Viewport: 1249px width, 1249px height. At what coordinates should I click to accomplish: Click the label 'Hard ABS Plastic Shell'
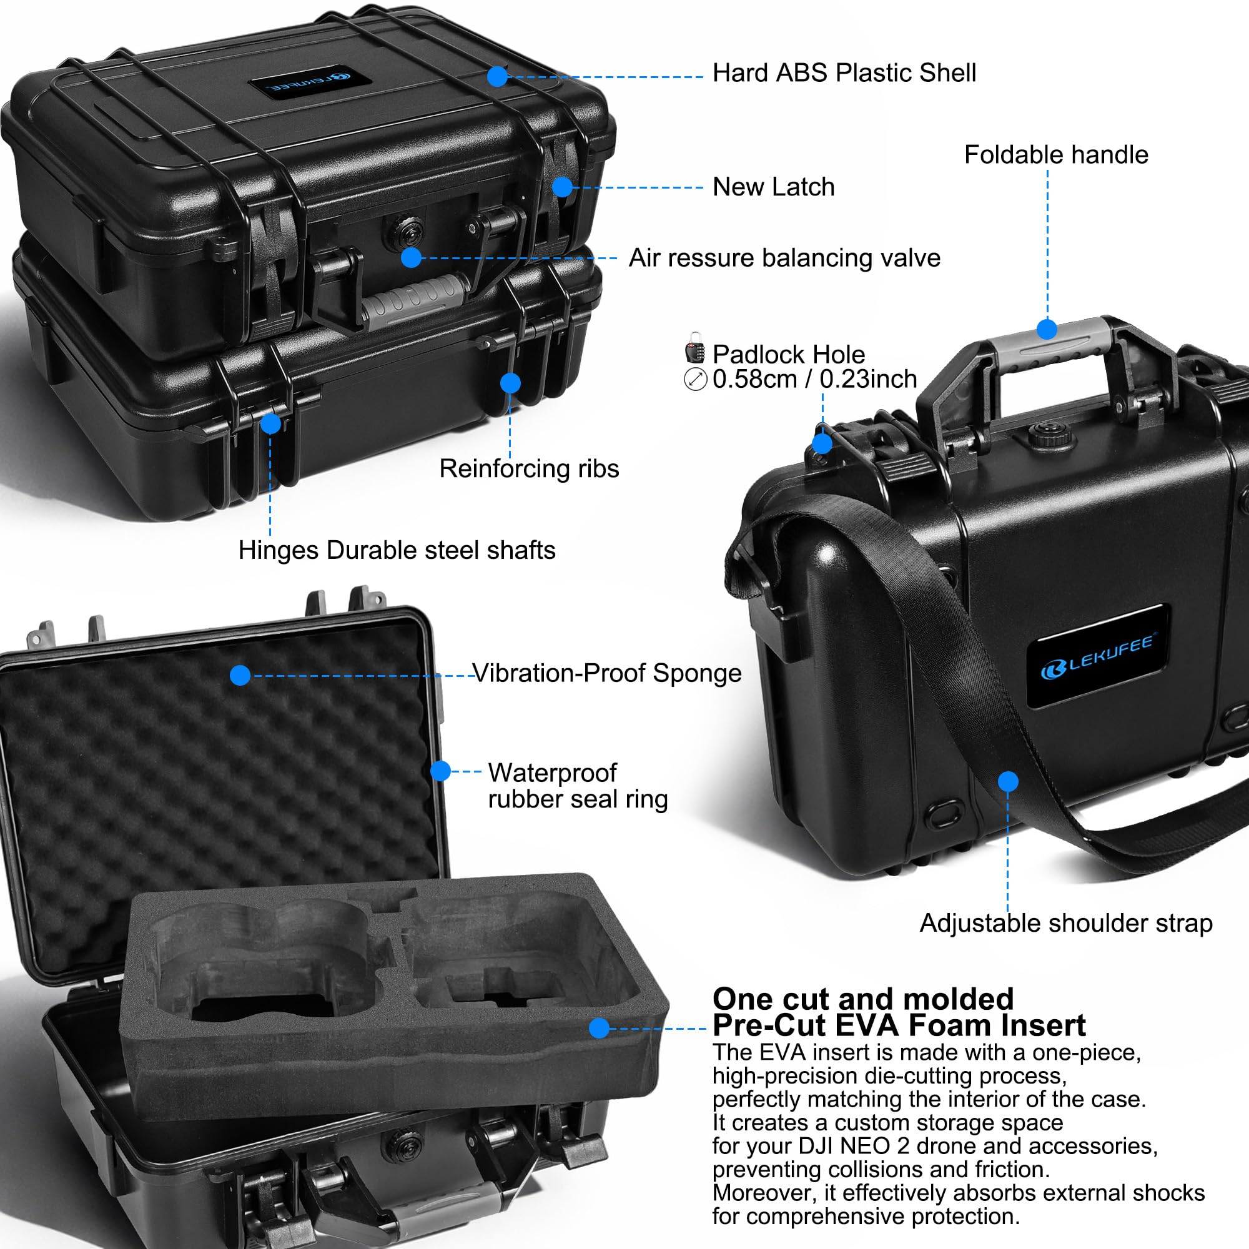pyautogui.click(x=844, y=73)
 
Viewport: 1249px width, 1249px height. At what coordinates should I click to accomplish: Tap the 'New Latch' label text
pyautogui.click(x=773, y=187)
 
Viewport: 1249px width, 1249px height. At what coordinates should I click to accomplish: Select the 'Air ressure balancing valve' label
pyautogui.click(x=784, y=258)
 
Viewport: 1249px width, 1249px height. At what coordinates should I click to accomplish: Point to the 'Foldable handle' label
pyautogui.click(x=1055, y=154)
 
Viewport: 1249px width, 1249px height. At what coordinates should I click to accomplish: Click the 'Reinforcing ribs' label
pyautogui.click(x=529, y=469)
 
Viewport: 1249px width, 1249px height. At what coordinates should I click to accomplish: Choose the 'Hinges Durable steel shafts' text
pyautogui.click(x=397, y=550)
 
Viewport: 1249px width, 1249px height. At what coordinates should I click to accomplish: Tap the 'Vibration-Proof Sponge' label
pyautogui.click(x=607, y=673)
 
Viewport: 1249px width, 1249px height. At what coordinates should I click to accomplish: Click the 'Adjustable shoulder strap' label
pyautogui.click(x=1065, y=923)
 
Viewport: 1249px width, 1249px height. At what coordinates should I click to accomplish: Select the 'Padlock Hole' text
pyautogui.click(x=788, y=354)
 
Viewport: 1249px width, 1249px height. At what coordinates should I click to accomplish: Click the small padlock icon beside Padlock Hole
pyautogui.click(x=695, y=348)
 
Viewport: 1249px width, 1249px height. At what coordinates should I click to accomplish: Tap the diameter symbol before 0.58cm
pyautogui.click(x=695, y=379)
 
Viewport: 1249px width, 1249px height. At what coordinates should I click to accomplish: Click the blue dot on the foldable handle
pyautogui.click(x=1047, y=329)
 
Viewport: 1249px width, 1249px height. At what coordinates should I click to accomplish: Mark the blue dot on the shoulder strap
pyautogui.click(x=1008, y=782)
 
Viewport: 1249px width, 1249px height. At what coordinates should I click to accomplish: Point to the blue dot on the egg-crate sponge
pyautogui.click(x=240, y=676)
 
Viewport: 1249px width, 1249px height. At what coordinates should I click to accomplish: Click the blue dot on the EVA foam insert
pyautogui.click(x=600, y=1028)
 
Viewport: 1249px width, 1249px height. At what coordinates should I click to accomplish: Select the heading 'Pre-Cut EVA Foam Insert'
pyautogui.click(x=899, y=1025)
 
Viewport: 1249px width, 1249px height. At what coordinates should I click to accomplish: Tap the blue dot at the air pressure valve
pyautogui.click(x=411, y=257)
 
